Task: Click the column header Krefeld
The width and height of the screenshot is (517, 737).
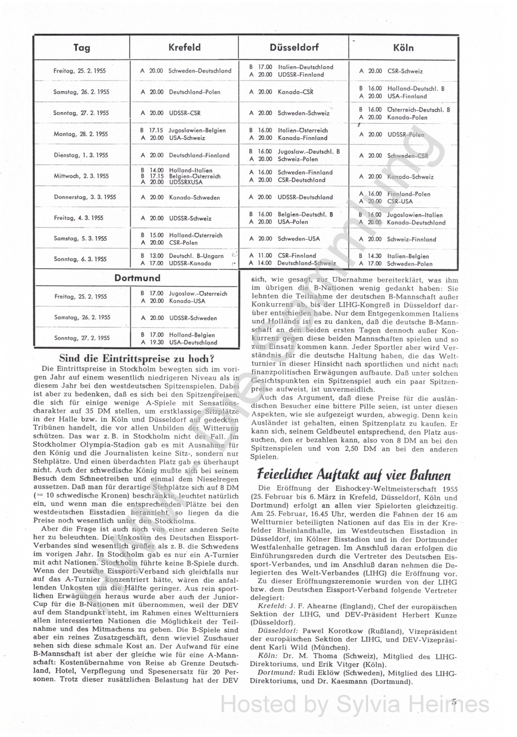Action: pyautogui.click(x=184, y=48)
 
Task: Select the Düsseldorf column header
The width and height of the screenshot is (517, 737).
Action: pyautogui.click(x=294, y=48)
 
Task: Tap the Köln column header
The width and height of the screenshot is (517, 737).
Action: pyautogui.click(x=403, y=48)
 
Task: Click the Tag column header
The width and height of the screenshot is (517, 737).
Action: pyautogui.click(x=82, y=48)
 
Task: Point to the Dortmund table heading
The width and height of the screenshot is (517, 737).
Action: pyautogui.click(x=137, y=278)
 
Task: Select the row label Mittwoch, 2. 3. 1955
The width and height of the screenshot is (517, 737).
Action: pyautogui.click(x=81, y=176)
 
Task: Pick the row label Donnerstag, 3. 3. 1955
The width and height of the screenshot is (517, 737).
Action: pyautogui.click(x=85, y=197)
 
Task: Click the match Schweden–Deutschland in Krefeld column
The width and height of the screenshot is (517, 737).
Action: pyautogui.click(x=200, y=71)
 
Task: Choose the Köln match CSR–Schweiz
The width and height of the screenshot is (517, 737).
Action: pyautogui.click(x=405, y=71)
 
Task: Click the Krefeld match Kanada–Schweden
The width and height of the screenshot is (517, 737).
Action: pyautogui.click(x=194, y=198)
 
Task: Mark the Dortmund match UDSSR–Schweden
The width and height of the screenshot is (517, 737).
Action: pyautogui.click(x=193, y=318)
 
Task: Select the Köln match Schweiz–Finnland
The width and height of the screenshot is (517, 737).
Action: pyautogui.click(x=411, y=239)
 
